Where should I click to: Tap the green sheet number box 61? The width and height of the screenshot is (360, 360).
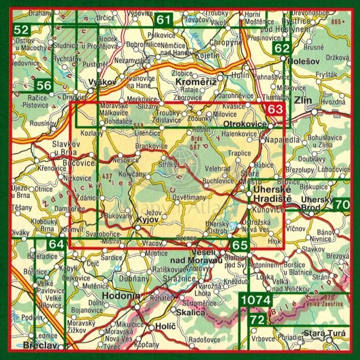(x=164, y=21)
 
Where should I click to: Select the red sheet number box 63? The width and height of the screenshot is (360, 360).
(x=275, y=109)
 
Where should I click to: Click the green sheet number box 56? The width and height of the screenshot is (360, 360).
(x=44, y=85)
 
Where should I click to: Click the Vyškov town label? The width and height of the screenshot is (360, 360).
(x=101, y=82)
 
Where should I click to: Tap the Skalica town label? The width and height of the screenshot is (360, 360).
(x=190, y=313)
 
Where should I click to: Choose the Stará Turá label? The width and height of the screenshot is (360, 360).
(x=321, y=334)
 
